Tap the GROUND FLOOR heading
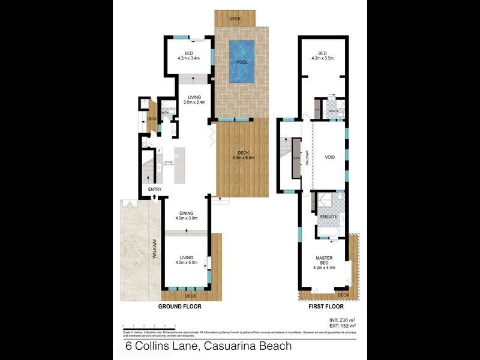tap(179, 306)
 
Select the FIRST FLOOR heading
tap(325, 306)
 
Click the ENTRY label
tap(155, 190)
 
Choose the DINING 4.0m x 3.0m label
tap(187, 215)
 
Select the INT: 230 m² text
tap(342, 320)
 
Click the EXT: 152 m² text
tap(342, 326)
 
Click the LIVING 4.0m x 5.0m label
tap(187, 260)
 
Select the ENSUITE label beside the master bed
tap(328, 215)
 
